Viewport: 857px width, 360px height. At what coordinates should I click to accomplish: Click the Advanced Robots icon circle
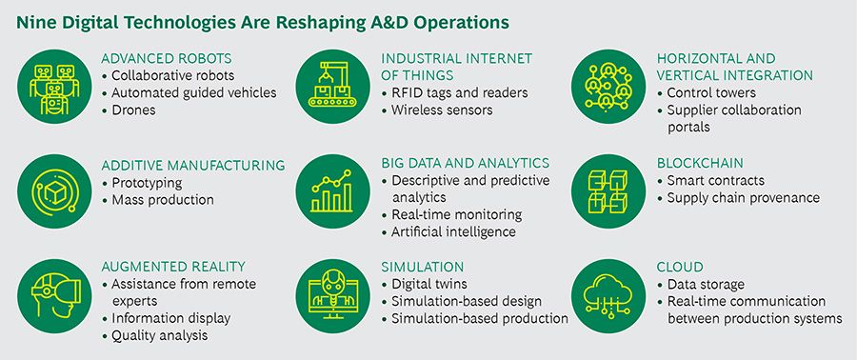pyautogui.click(x=54, y=87)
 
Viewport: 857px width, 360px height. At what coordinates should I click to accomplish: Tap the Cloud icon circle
pyautogui.click(x=608, y=296)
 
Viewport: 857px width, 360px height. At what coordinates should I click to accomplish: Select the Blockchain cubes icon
pyautogui.click(x=608, y=191)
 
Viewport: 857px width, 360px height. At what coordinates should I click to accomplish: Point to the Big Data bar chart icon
pyautogui.click(x=332, y=191)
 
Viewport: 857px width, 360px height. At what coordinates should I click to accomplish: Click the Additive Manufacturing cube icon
pyautogui.click(x=54, y=191)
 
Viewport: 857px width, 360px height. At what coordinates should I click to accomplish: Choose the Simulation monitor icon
pyautogui.click(x=332, y=296)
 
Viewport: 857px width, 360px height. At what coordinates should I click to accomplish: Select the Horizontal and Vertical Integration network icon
pyautogui.click(x=608, y=87)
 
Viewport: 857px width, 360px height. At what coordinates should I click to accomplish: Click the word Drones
pyautogui.click(x=133, y=110)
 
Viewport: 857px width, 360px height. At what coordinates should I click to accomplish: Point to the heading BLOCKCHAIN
pyautogui.click(x=700, y=164)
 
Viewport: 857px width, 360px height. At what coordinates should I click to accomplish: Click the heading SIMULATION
pyautogui.click(x=422, y=267)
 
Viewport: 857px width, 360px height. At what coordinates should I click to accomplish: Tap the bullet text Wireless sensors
pyautogui.click(x=442, y=110)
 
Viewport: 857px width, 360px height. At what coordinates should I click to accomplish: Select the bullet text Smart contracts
pyautogui.click(x=715, y=180)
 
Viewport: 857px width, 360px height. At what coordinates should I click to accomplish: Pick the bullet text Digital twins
pyautogui.click(x=429, y=284)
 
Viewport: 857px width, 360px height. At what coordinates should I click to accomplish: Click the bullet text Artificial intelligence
pyautogui.click(x=453, y=231)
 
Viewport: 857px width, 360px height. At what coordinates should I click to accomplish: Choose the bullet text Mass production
pyautogui.click(x=162, y=200)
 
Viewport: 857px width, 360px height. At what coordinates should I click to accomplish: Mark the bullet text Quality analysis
pyautogui.click(x=160, y=335)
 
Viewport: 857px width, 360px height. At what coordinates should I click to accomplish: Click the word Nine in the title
pyautogui.click(x=33, y=23)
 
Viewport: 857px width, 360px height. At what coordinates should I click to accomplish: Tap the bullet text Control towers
pyautogui.click(x=711, y=93)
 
